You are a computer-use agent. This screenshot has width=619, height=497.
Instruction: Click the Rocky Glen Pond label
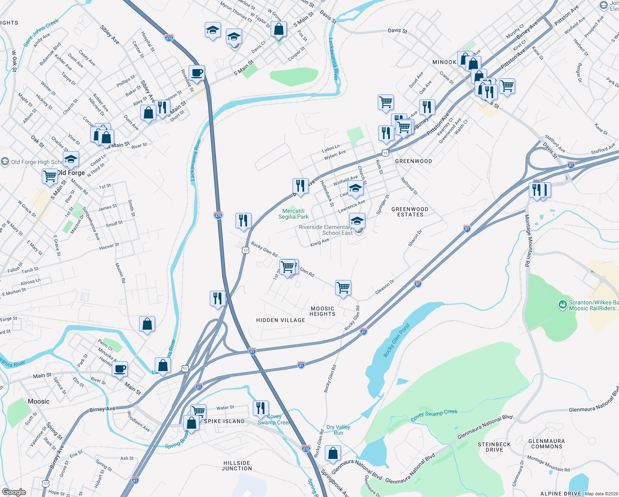[x=396, y=340]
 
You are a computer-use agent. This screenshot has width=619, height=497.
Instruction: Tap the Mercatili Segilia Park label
[x=293, y=214]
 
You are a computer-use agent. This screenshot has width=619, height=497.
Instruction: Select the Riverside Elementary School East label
[x=326, y=230]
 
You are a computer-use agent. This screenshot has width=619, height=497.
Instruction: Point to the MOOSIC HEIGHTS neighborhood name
[x=322, y=311]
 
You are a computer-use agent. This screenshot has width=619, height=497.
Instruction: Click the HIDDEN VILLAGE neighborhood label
[x=281, y=320]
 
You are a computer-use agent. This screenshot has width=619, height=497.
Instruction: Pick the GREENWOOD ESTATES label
[x=410, y=212]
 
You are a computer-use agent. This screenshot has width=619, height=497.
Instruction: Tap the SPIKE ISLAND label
[x=224, y=421]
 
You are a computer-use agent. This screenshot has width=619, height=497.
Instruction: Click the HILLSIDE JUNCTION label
[x=237, y=466]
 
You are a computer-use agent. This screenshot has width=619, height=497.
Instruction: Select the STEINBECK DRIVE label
[x=494, y=447]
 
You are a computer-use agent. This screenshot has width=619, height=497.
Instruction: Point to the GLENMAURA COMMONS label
[x=546, y=444]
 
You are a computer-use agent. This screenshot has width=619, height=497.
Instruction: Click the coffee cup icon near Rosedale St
[x=197, y=73]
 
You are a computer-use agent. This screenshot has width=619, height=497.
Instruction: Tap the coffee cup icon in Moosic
[x=120, y=369]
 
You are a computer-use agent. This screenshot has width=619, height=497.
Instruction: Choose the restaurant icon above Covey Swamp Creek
[x=261, y=408]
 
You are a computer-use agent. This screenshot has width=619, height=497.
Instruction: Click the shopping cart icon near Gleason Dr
[x=343, y=287]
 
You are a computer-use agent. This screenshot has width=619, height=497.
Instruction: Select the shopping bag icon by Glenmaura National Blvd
[x=333, y=454]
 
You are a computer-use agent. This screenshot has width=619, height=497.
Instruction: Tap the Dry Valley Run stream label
[x=338, y=430]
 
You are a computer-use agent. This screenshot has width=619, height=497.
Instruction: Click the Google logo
[x=14, y=492]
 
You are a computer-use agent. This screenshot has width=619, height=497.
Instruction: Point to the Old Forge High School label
[x=36, y=162]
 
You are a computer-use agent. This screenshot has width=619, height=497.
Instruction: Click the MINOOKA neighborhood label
[x=444, y=62]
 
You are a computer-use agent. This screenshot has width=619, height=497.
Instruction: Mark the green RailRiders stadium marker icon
[x=562, y=305]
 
